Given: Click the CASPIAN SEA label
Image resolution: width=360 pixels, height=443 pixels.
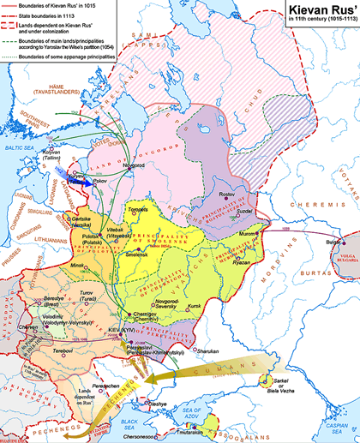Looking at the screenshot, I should tap(336, 428).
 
